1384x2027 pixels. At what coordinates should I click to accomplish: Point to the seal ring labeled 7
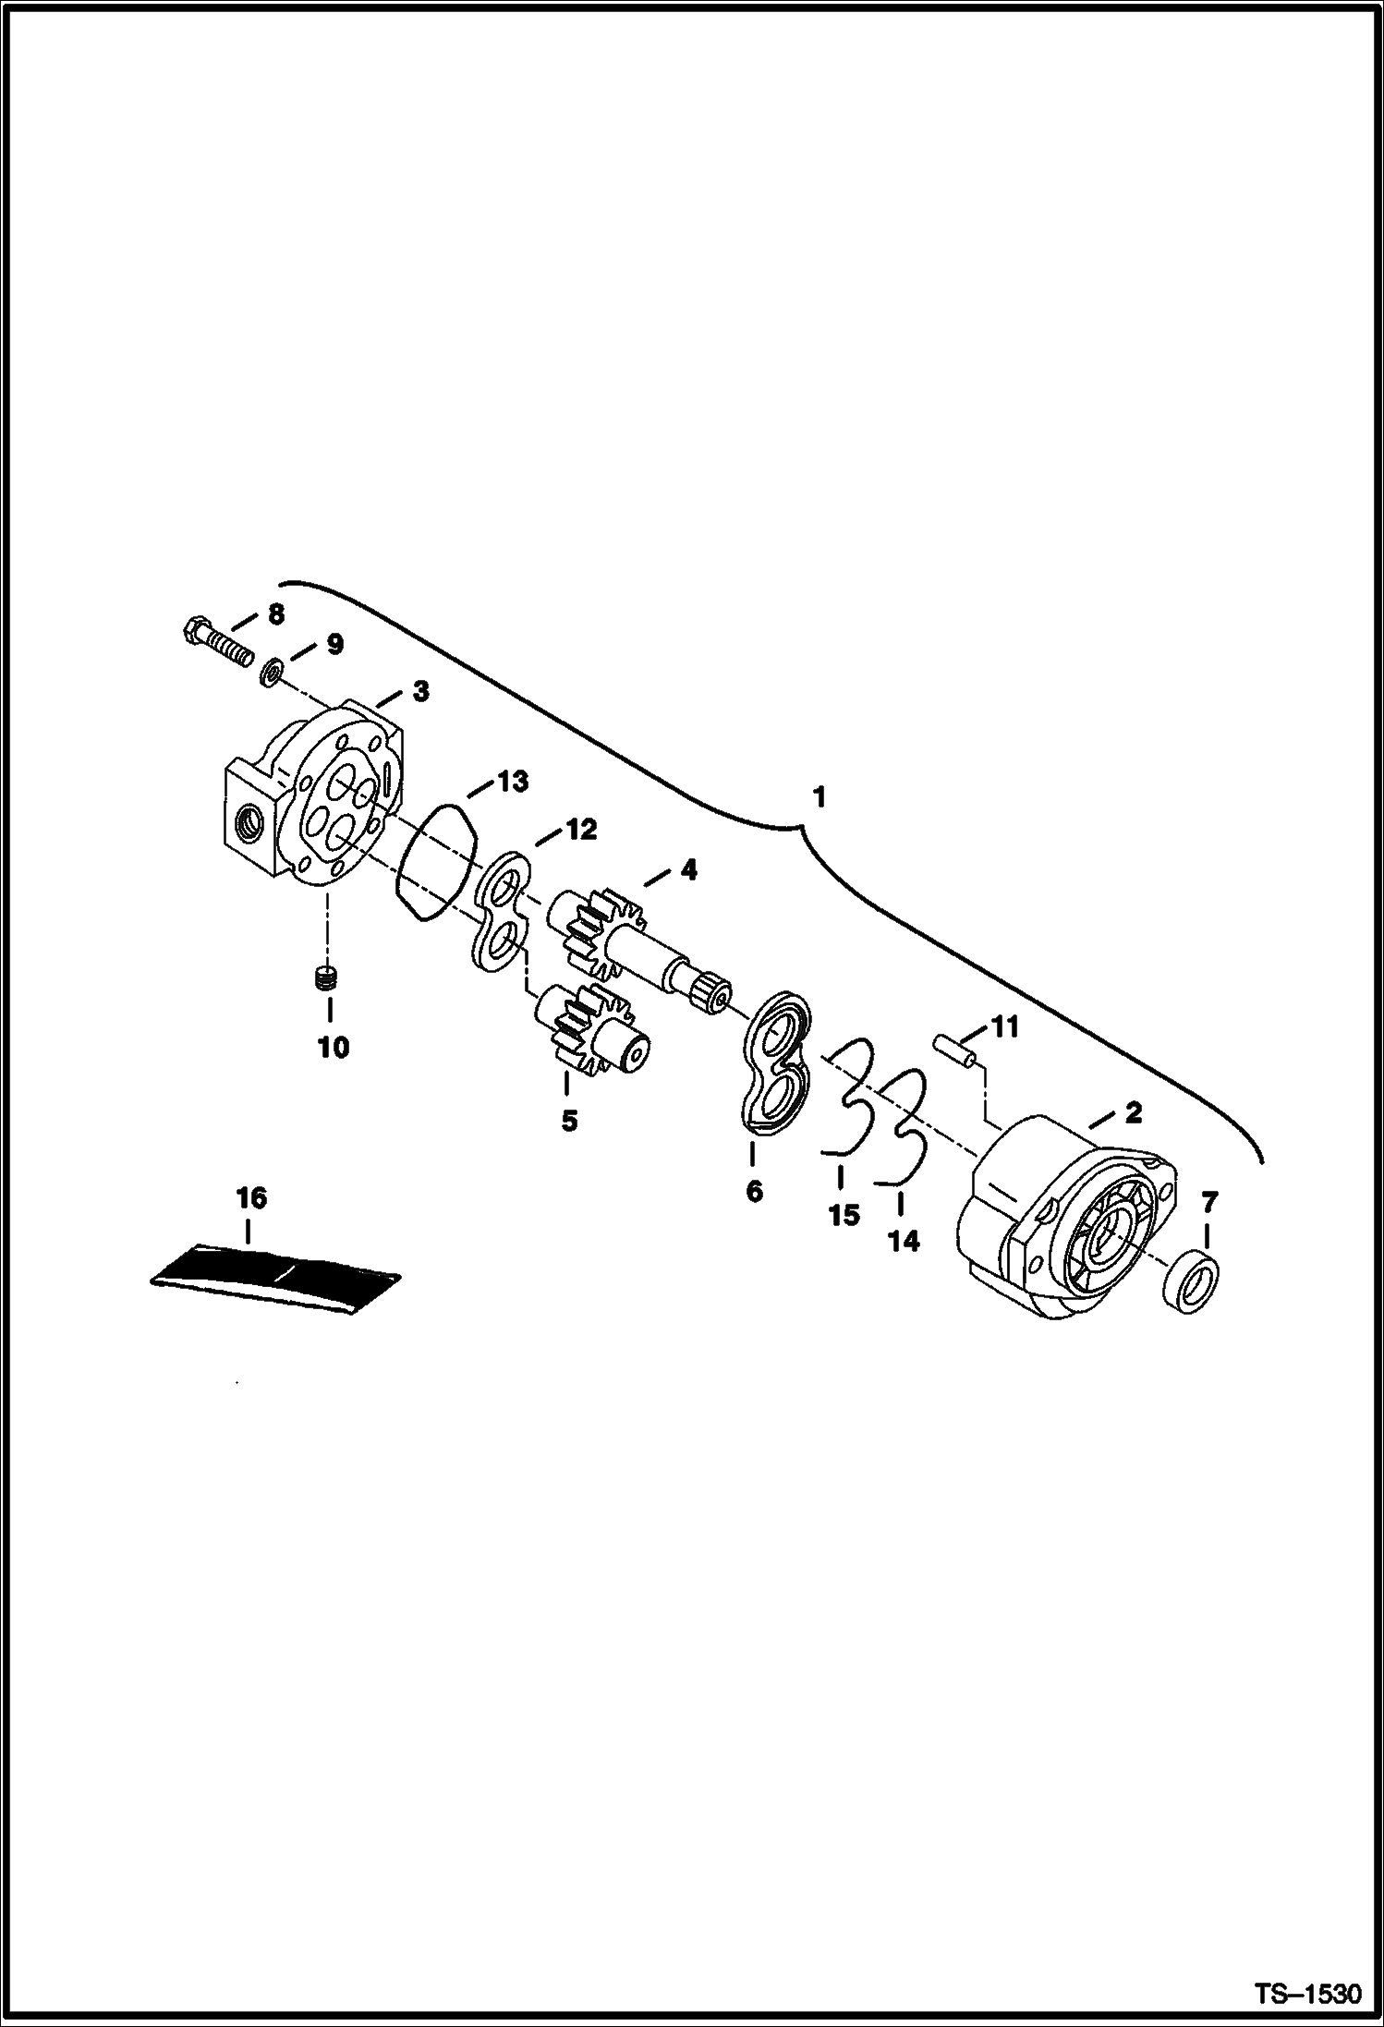pyautogui.click(x=1189, y=1281)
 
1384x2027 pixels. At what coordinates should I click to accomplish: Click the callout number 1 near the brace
pyautogui.click(x=818, y=797)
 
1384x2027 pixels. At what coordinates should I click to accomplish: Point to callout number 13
pyautogui.click(x=514, y=782)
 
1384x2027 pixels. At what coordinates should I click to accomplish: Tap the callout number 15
pyautogui.click(x=844, y=1216)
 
